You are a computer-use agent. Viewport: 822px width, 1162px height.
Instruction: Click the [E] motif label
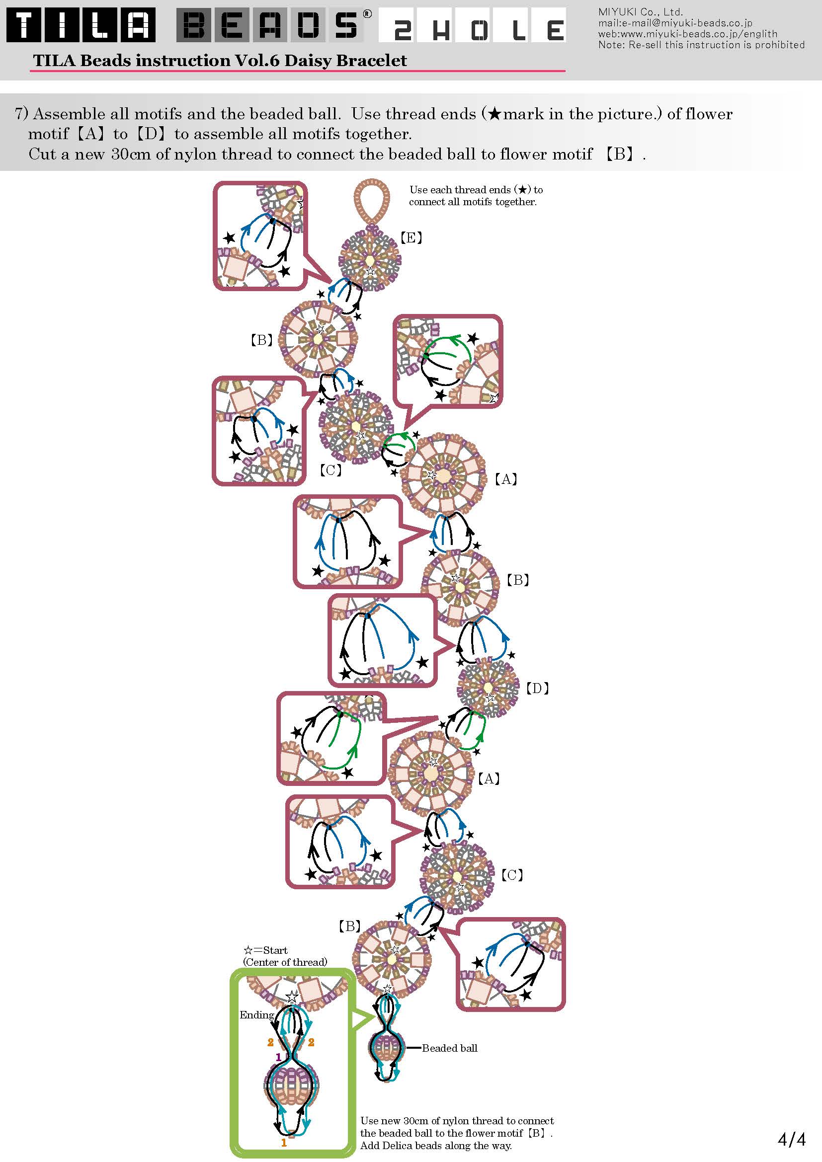pos(411,237)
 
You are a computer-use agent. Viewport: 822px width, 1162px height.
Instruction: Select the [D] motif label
pos(538,688)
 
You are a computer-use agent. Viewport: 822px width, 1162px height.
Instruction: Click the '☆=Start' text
pos(265,950)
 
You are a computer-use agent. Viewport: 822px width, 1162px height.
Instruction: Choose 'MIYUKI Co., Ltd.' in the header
pos(640,11)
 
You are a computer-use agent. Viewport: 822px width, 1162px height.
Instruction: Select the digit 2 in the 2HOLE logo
pos(403,31)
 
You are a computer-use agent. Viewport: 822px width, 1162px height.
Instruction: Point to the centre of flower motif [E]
pos(370,260)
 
